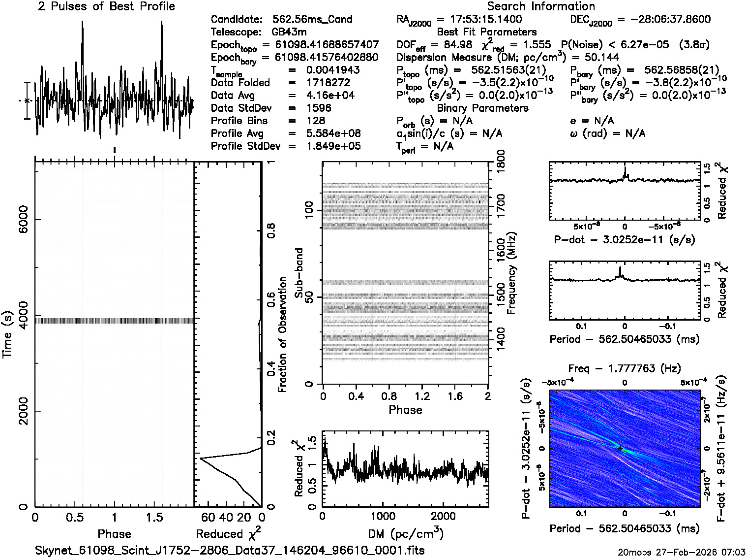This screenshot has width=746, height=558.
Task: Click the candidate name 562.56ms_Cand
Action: pos(312,20)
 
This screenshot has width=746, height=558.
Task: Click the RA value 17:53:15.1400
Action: pos(479,20)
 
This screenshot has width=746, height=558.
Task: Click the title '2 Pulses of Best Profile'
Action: pos(106,6)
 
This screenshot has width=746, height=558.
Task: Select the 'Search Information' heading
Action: pos(541,6)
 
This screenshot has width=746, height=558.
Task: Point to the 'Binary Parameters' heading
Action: pos(482,108)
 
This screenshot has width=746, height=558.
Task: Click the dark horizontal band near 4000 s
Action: pos(114,321)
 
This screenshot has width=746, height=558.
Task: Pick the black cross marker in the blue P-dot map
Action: pos(620,448)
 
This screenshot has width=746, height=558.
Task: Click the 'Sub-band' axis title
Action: pos(299,273)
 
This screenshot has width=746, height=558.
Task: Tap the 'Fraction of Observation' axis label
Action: pos(282,334)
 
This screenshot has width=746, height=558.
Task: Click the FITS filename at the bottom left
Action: pos(230,550)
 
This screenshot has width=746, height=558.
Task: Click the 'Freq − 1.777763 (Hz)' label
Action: pos(624,369)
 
